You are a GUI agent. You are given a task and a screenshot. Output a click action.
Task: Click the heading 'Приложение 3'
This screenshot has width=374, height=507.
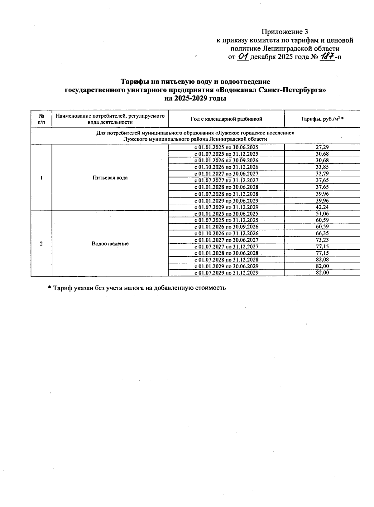[x=285, y=32]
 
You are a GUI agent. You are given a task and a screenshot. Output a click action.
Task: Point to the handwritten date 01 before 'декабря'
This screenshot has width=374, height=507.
[x=242, y=57]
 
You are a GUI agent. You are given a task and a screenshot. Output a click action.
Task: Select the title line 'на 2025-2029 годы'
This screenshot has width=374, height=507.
[x=195, y=98]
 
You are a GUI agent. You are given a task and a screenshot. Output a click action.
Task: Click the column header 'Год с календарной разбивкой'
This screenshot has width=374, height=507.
[x=226, y=119]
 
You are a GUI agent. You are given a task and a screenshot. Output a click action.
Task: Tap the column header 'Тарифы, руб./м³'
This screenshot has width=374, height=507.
[x=322, y=119]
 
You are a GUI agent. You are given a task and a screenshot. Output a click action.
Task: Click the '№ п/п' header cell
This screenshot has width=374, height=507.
[x=41, y=119]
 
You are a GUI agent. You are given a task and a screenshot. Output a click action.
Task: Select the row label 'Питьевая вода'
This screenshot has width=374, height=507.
[x=110, y=178]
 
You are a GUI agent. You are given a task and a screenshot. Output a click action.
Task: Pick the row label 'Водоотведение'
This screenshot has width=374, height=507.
[x=110, y=244]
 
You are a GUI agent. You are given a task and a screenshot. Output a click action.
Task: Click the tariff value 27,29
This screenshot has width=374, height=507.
[x=322, y=147]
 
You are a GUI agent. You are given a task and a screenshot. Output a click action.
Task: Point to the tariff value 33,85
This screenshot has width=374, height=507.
[x=322, y=167]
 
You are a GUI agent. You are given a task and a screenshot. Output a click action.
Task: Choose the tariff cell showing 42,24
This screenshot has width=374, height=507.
[x=322, y=207]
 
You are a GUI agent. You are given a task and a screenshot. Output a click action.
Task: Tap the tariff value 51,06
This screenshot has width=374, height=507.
[x=322, y=214]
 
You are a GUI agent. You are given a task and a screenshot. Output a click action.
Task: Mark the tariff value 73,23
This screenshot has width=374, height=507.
[x=322, y=240]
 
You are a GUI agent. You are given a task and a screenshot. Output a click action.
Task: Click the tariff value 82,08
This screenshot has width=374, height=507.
[x=322, y=260]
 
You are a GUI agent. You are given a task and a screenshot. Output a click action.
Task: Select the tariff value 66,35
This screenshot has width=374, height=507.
[x=322, y=233]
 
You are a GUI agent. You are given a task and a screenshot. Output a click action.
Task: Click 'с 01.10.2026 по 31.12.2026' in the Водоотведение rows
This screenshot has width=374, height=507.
[x=226, y=233]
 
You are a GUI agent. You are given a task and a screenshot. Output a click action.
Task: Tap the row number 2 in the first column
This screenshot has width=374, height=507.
[x=41, y=244]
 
